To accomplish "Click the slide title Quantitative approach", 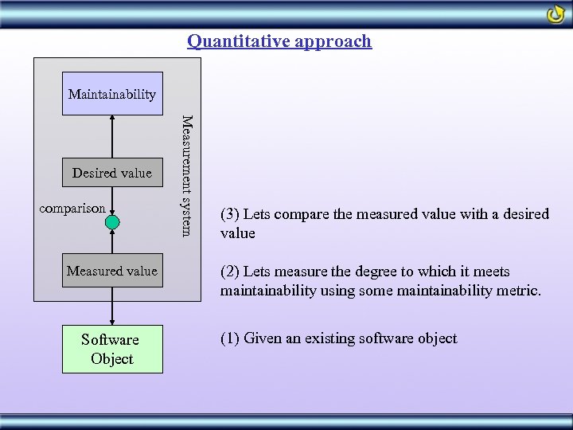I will [x=279, y=41].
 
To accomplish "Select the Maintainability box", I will [x=112, y=94].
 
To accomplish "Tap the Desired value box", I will [x=112, y=173].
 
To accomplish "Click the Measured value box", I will [x=112, y=272].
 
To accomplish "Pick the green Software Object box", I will [x=112, y=349].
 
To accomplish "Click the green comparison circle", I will [x=112, y=223].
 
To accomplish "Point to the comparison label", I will [x=72, y=209].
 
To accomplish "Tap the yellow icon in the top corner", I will [x=555, y=14].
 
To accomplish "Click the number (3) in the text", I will [x=230, y=214].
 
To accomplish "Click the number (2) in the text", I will [x=230, y=272].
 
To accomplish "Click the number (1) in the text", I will [x=230, y=338].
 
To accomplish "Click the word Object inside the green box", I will [x=112, y=358].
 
